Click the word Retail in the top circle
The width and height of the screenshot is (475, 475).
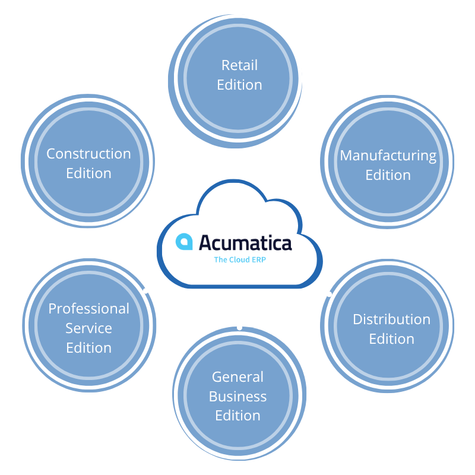pyautogui.click(x=239, y=65)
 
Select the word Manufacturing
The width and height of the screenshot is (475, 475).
pyautogui.click(x=388, y=156)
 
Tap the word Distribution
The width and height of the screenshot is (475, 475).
pyautogui.click(x=391, y=319)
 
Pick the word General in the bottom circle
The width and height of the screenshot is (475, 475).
pyautogui.click(x=237, y=377)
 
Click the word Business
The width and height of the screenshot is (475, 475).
pyautogui.click(x=237, y=396)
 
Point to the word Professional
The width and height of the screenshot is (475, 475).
pyautogui.click(x=88, y=309)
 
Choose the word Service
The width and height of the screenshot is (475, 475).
pyautogui.click(x=88, y=328)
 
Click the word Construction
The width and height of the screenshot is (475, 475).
pyautogui.click(x=88, y=154)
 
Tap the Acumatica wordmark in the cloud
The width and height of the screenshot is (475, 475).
pyautogui.click(x=245, y=243)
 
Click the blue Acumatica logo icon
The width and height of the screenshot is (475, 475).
pyautogui.click(x=183, y=242)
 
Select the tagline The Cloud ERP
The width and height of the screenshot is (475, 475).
pyautogui.click(x=239, y=259)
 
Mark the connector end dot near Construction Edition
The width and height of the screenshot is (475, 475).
pyautogui.click(x=151, y=196)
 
